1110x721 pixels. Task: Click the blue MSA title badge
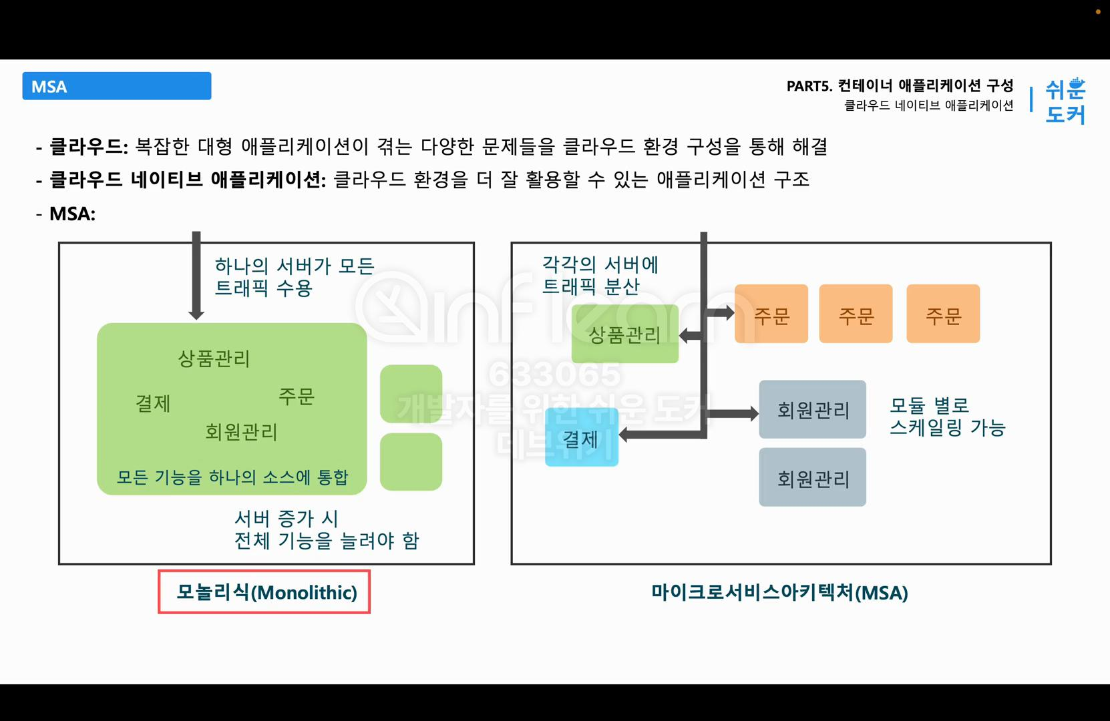coord(117,86)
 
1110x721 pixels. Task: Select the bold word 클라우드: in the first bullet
coord(89,146)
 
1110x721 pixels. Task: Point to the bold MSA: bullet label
coord(72,214)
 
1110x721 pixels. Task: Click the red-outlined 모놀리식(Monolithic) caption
coord(265,592)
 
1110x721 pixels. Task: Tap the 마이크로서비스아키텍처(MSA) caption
coord(779,592)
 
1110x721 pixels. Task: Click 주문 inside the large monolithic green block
coord(296,397)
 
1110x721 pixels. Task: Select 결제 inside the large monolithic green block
coord(153,403)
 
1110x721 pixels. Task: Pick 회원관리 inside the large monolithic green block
coord(241,432)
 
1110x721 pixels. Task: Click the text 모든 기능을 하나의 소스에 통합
coord(232,477)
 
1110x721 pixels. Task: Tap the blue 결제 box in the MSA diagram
coord(581,438)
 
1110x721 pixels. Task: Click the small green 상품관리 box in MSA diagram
coord(624,334)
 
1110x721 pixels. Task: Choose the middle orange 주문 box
coord(856,314)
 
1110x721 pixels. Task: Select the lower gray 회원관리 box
coord(812,477)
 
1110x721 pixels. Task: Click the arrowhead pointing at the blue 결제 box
coord(624,435)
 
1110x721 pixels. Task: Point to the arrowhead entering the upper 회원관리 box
coord(753,414)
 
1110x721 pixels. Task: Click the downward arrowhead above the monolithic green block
coord(196,313)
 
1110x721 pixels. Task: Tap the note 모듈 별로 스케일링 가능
coord(947,416)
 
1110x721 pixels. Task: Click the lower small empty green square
coord(411,462)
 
